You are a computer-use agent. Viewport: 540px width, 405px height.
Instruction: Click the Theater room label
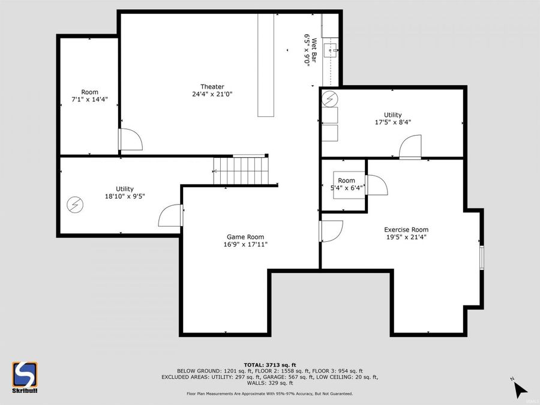[212, 86]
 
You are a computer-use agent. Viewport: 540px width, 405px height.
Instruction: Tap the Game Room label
[245, 236]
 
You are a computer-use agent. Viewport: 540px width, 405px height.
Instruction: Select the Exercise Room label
[406, 229]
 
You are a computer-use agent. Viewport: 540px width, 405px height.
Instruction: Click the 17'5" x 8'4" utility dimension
[393, 122]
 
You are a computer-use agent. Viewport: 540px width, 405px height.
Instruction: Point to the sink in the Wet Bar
[329, 49]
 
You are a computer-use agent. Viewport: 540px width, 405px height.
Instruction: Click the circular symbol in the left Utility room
[75, 205]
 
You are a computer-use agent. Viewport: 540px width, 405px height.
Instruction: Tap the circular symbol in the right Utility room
[331, 98]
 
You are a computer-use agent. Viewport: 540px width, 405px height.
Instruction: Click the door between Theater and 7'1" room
[130, 140]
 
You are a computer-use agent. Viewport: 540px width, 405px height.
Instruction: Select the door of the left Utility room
[170, 215]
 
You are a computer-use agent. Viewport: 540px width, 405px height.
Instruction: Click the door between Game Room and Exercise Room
[331, 231]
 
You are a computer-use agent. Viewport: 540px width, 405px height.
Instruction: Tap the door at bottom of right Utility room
[412, 148]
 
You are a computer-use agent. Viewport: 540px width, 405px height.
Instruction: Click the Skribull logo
[25, 377]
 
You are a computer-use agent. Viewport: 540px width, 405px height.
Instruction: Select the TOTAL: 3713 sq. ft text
[269, 365]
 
